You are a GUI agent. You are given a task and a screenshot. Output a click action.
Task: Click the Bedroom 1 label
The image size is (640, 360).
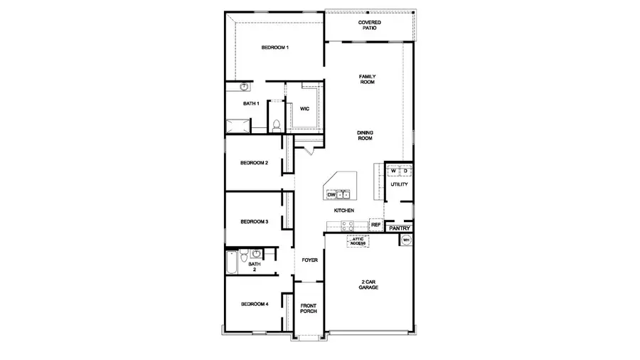pyautogui.click(x=274, y=48)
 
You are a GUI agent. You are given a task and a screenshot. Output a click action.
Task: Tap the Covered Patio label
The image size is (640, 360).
pyautogui.click(x=369, y=26)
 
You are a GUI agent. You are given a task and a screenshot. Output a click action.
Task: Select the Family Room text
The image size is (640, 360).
pyautogui.click(x=366, y=79)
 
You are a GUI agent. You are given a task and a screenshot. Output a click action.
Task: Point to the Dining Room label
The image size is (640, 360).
pyautogui.click(x=365, y=135)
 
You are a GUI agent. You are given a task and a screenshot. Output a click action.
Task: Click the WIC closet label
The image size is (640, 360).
pyautogui.click(x=304, y=109)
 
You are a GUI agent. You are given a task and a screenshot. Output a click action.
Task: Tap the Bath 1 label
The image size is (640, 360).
pyautogui.click(x=250, y=104)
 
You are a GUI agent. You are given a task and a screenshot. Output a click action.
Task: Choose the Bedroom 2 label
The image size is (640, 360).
pyautogui.click(x=254, y=163)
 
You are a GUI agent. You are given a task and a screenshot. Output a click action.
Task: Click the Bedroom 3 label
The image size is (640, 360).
pyautogui.click(x=254, y=221)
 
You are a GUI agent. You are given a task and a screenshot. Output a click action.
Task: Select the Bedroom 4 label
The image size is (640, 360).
pyautogui.click(x=254, y=305)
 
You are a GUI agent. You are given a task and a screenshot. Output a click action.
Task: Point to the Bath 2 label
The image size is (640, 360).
pyautogui.click(x=255, y=267)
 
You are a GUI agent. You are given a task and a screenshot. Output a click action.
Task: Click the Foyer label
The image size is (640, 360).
pyautogui.click(x=309, y=260)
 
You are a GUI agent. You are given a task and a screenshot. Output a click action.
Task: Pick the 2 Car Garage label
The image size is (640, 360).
pyautogui.click(x=368, y=285)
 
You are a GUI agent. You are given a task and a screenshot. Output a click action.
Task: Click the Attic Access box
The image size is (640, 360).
pyautogui.click(x=358, y=242)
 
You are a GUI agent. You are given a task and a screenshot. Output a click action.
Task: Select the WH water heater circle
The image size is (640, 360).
pyautogui.click(x=407, y=240)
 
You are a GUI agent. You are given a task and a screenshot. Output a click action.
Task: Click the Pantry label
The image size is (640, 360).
pyautogui.click(x=400, y=228)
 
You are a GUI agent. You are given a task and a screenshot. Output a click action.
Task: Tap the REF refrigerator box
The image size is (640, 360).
pyautogui.click(x=376, y=225)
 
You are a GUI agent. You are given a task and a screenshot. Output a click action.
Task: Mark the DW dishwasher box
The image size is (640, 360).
pyautogui.click(x=331, y=194)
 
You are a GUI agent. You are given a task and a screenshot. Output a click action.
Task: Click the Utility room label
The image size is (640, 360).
pyautogui.click(x=399, y=185)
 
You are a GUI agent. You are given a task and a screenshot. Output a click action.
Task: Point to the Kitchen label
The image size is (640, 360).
pyautogui.click(x=344, y=211)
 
